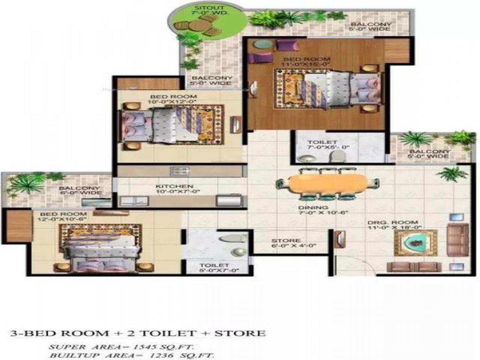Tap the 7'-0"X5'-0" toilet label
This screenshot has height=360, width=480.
[328, 147]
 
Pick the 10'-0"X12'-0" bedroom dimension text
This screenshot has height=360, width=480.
[174, 102]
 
